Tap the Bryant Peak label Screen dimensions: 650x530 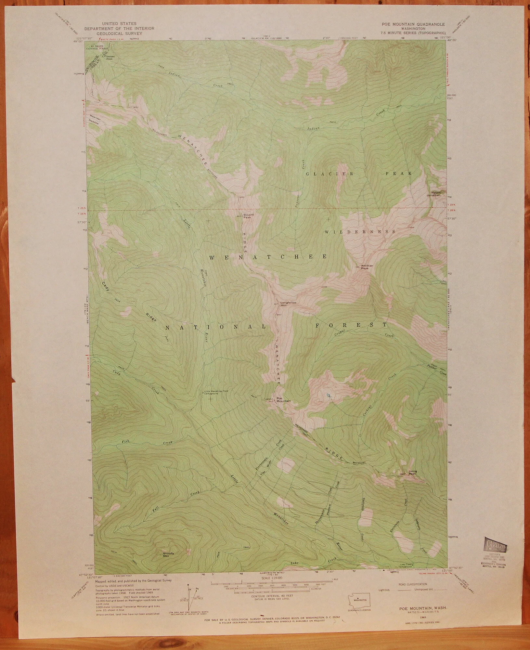(x=249, y=216)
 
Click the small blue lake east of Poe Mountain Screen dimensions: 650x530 (x=330, y=396)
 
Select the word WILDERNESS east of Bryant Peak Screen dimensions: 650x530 (x=360, y=232)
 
